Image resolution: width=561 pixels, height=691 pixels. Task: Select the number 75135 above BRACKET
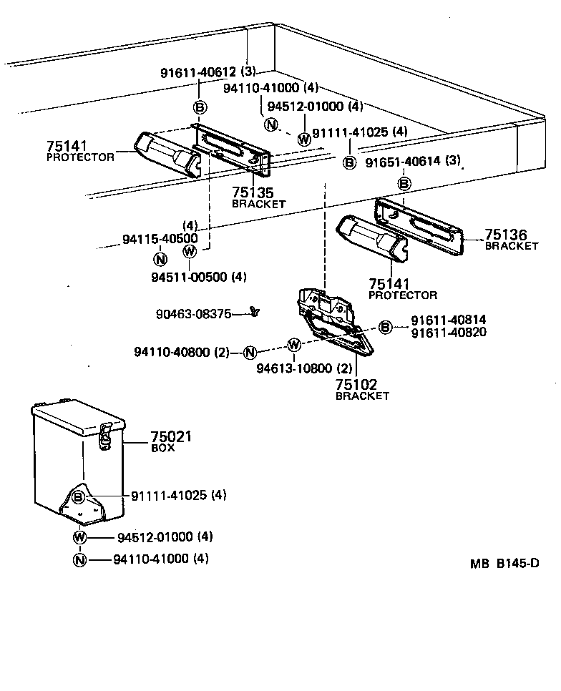point(250,192)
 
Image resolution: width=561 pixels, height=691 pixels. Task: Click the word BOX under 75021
point(162,448)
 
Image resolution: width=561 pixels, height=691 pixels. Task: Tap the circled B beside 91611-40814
point(385,328)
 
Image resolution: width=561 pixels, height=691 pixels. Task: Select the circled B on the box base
point(79,496)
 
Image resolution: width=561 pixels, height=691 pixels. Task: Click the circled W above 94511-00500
point(190,251)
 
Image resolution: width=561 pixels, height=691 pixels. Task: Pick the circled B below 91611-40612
point(200,107)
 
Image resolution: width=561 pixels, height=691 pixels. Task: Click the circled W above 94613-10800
point(293,345)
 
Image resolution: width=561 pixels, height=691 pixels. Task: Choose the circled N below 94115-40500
point(160,259)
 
